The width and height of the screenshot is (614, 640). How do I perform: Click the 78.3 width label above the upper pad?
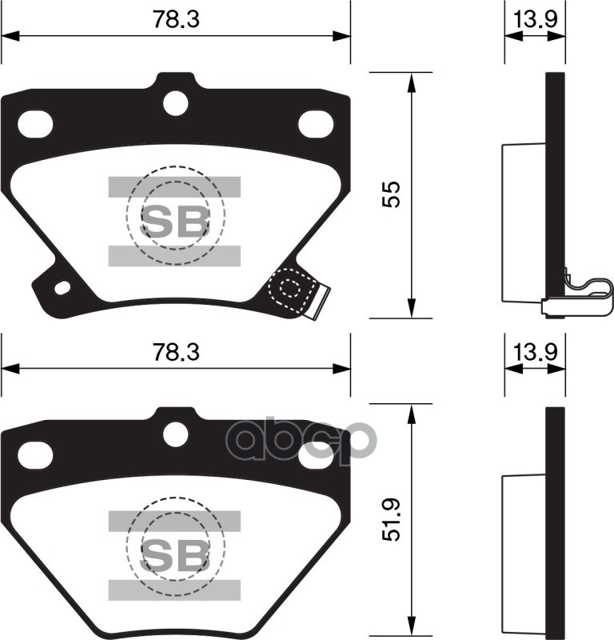pyautogui.click(x=175, y=21)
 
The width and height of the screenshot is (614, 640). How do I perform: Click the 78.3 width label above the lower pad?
pyautogui.click(x=175, y=353)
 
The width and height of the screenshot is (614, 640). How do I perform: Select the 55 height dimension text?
pyautogui.click(x=390, y=194)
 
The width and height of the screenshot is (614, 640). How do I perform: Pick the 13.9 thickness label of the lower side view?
pyautogui.click(x=534, y=351)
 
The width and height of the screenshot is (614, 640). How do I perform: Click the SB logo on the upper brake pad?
pyautogui.click(x=174, y=222)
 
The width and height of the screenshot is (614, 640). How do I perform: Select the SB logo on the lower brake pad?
pyautogui.click(x=174, y=553)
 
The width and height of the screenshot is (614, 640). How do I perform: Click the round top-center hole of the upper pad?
pyautogui.click(x=175, y=102)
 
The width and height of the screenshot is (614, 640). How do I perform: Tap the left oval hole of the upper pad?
pyautogui.click(x=34, y=123)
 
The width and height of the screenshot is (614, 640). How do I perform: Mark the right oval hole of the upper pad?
pyautogui.click(x=316, y=123)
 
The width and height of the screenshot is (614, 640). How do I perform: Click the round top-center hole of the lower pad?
pyautogui.click(x=175, y=434)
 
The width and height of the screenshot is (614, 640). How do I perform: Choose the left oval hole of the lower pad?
pyautogui.click(x=34, y=455)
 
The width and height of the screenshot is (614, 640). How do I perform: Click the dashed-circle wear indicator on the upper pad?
pyautogui.click(x=290, y=290)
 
